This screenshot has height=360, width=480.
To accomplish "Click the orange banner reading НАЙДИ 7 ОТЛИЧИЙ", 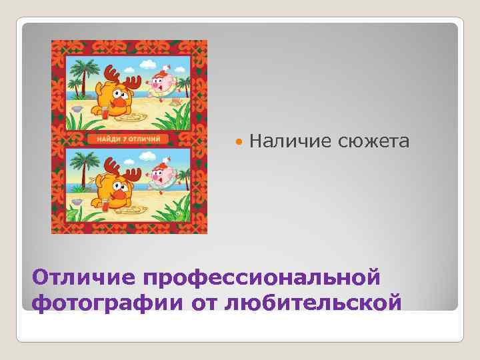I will point(127,139).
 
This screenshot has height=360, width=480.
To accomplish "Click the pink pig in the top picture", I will point(162,84).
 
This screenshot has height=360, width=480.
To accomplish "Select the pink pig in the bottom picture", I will point(161,177).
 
